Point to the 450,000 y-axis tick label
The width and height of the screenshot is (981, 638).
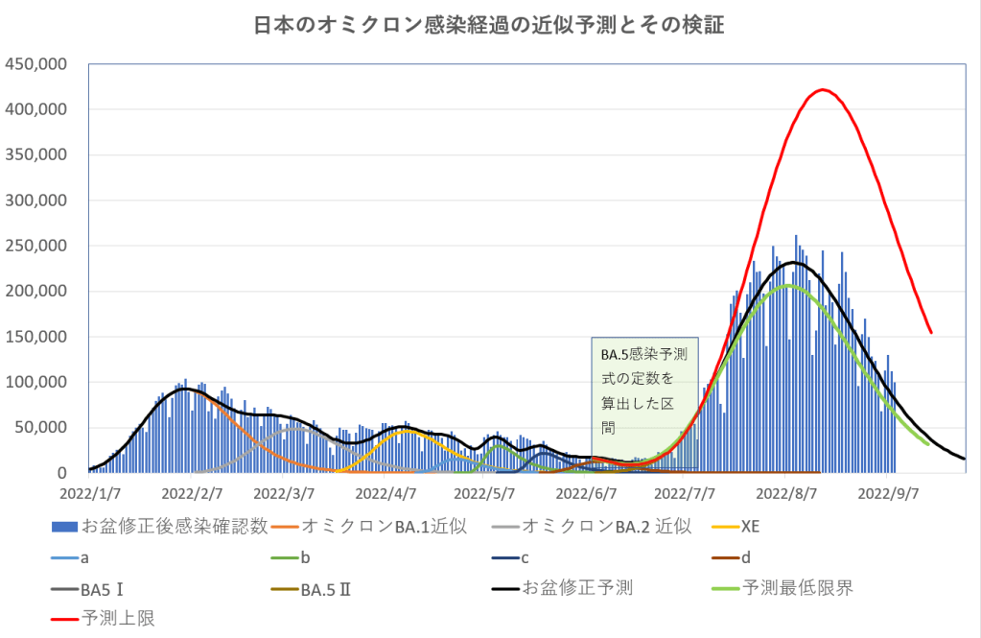pos(35,65)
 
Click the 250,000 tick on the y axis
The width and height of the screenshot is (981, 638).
pos(35,247)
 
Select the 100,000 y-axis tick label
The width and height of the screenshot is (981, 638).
pos(35,383)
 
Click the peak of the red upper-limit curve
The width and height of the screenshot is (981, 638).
pos(823,90)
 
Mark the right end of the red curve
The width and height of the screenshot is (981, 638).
pos(930,332)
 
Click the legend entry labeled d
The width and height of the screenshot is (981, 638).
pos(744,556)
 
